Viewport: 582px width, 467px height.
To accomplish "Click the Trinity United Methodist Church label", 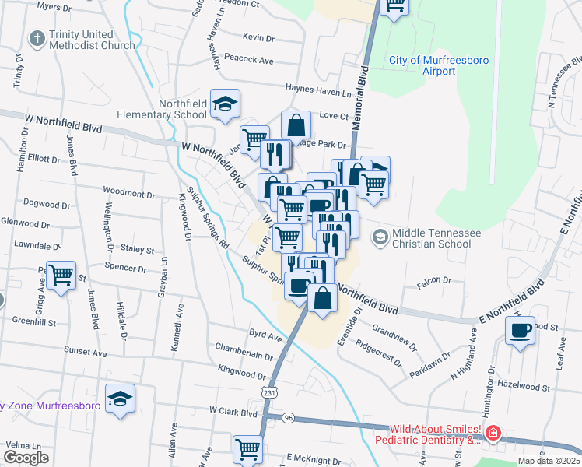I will pyautogui.click(x=91, y=40).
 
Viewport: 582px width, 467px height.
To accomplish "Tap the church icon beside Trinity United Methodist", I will pyautogui.click(x=36, y=39).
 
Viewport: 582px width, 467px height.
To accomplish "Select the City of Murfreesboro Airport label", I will pyautogui.click(x=422, y=65).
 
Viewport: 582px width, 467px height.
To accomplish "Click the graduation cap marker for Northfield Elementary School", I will pyautogui.click(x=225, y=104).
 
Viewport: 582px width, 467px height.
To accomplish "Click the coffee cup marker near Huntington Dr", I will pyautogui.click(x=520, y=330).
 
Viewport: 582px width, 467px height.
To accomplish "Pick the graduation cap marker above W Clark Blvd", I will pyautogui.click(x=120, y=399).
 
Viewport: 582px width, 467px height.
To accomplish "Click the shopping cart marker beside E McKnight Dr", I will pyautogui.click(x=247, y=449).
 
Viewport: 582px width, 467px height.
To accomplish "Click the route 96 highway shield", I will pyautogui.click(x=289, y=418).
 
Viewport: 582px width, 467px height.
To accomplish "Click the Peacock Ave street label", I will pyautogui.click(x=248, y=59).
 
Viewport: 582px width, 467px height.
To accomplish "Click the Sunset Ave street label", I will pyautogui.click(x=85, y=352).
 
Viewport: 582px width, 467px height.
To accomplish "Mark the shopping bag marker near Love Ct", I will pyautogui.click(x=296, y=125).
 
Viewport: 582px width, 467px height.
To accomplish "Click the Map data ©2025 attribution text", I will pyautogui.click(x=549, y=460).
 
